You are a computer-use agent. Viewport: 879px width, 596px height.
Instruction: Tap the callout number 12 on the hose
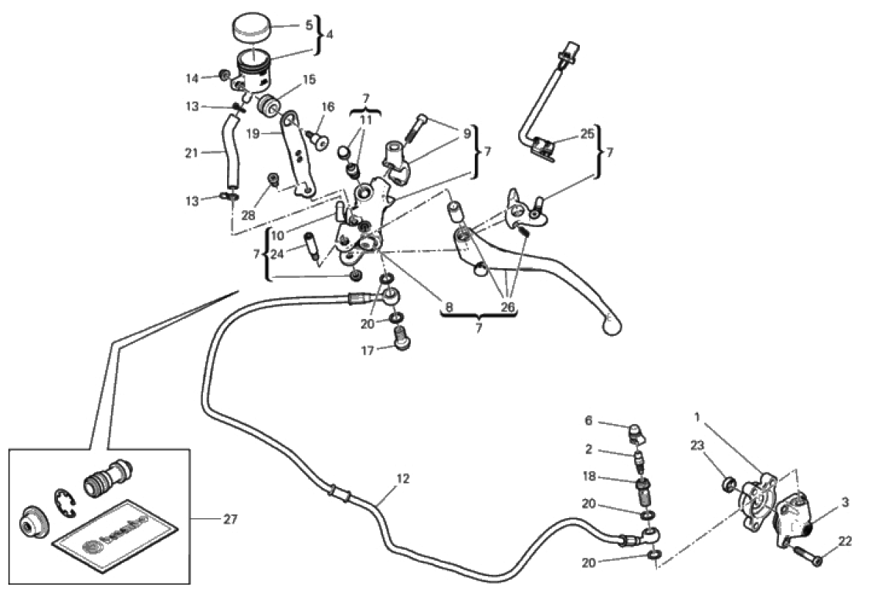(x=402, y=478)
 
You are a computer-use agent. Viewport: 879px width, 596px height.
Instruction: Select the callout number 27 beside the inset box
(x=231, y=519)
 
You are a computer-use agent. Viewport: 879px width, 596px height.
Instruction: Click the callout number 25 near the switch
(x=585, y=137)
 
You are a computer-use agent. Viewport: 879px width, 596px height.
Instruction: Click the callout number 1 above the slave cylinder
(x=697, y=417)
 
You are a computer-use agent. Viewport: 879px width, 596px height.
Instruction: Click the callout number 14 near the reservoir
(x=192, y=78)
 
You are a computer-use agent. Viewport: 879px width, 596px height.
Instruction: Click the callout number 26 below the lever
(x=506, y=308)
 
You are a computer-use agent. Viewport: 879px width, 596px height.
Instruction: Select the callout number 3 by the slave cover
(x=846, y=503)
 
